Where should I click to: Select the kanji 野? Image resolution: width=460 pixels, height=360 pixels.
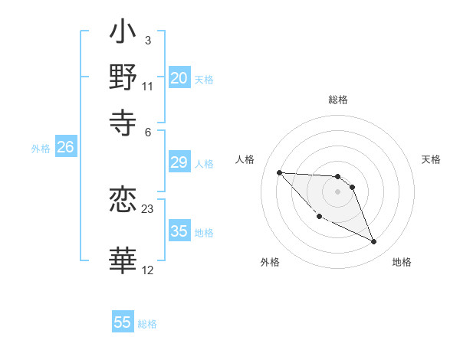pos(123,77)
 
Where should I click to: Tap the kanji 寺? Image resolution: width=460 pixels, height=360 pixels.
pos(123,119)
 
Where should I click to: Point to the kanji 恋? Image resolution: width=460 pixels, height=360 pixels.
pos(123,201)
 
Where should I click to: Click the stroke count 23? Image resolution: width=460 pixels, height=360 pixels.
pos(148,209)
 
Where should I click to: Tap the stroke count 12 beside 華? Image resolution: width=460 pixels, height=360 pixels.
pos(148,270)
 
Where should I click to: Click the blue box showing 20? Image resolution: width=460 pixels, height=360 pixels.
pos(179,78)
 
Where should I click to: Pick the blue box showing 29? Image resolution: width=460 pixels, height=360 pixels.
pos(179,162)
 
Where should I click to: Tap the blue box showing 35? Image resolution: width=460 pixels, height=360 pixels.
pos(179,231)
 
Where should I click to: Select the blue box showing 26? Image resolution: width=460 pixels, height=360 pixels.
pos(65,148)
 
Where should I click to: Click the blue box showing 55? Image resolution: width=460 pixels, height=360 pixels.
pos(123,322)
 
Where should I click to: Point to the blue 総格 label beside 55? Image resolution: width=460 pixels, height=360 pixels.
pos(147,324)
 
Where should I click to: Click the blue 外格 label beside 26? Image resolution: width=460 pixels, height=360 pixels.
pos(41,149)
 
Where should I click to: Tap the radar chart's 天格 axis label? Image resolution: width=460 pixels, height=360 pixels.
pos(432,159)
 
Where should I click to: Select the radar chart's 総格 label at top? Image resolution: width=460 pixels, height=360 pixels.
pos(338,100)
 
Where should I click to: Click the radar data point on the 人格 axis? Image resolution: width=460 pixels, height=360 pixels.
pos(279,172)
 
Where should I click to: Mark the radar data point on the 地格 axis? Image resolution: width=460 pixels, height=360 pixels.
pos(374,242)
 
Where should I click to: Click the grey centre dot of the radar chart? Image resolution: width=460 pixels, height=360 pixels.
pos(338,191)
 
